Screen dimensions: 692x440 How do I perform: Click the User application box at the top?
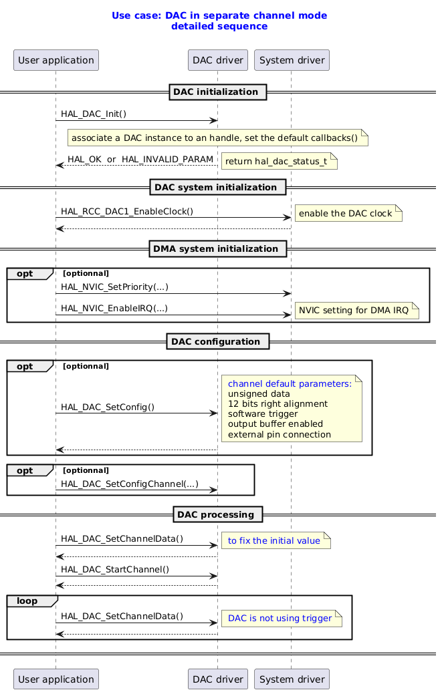pyautogui.click(x=56, y=60)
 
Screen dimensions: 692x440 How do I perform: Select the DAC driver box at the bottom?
pyautogui.click(x=218, y=680)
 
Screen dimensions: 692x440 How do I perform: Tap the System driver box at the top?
pyautogui.click(x=292, y=60)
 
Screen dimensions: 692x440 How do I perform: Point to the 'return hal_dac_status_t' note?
pyautogui.click(x=280, y=162)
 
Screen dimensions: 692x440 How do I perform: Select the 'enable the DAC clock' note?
pyautogui.click(x=348, y=214)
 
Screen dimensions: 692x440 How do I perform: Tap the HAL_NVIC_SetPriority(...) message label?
pyautogui.click(x=114, y=287)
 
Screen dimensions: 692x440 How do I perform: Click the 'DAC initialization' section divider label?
pyautogui.click(x=216, y=92)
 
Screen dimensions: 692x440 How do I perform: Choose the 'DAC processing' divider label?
pyautogui.click(x=217, y=514)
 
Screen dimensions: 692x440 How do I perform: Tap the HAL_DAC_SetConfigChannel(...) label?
pyautogui.click(x=120, y=484)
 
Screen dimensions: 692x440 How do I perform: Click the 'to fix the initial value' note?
pyautogui.click(x=274, y=540)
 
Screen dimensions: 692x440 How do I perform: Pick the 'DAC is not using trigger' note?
pyautogui.click(x=280, y=619)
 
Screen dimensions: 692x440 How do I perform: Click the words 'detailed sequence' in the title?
pyautogui.click(x=219, y=26)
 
